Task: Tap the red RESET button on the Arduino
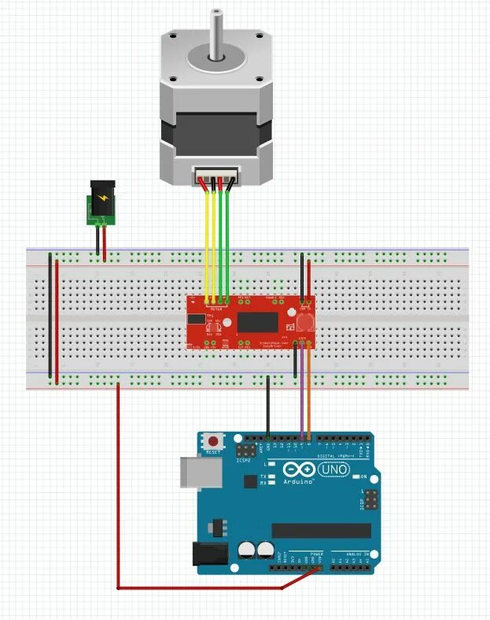(x=212, y=443)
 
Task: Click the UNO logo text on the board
(x=333, y=470)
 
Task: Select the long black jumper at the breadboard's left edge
(x=50, y=315)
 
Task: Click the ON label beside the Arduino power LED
(x=364, y=477)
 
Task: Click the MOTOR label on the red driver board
(x=216, y=309)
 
